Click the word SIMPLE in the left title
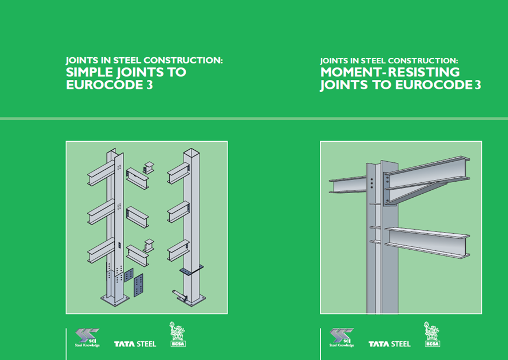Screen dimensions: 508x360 tap(89, 72)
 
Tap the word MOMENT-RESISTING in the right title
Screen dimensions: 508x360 tap(390, 72)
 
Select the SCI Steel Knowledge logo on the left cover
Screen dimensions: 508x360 tap(87, 338)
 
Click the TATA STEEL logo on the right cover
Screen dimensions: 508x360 tap(389, 344)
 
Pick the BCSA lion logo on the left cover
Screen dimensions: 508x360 tap(178, 334)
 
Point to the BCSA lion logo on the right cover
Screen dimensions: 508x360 tap(432, 334)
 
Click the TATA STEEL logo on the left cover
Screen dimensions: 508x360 tap(135, 344)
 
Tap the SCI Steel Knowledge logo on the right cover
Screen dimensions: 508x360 tap(342, 338)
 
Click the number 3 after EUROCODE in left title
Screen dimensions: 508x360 tap(149, 85)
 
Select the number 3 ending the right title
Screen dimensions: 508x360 tap(478, 85)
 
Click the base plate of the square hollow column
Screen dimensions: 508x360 tap(192, 300)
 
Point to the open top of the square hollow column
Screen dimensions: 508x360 tap(191, 152)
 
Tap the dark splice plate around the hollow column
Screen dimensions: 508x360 tap(191, 270)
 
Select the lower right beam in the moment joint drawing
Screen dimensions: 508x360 tap(427, 242)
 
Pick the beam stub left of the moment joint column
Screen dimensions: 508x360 tap(348, 185)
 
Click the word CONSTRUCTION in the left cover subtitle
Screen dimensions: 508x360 tap(183, 60)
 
